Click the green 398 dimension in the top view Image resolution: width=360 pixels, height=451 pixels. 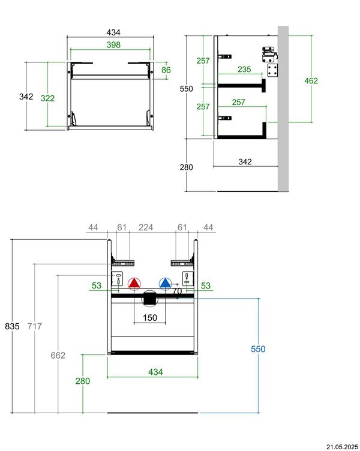(113, 45)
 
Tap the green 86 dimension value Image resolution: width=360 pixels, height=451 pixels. (166, 70)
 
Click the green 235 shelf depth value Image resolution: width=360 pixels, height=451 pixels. (244, 70)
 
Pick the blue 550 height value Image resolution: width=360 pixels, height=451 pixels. (258, 348)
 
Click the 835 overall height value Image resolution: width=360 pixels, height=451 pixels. (12, 326)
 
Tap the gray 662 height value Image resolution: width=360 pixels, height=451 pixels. (58, 355)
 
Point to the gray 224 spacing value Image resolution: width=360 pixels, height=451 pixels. (145, 227)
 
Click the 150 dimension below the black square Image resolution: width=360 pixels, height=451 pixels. (149, 318)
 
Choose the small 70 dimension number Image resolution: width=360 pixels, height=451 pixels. (177, 291)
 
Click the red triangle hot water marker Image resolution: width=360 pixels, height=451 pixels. (134, 284)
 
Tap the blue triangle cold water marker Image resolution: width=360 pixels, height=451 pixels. (165, 284)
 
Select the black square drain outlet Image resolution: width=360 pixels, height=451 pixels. (149, 297)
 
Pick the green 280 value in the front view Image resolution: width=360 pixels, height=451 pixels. (83, 380)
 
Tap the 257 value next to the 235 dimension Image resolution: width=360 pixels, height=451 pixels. (203, 61)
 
